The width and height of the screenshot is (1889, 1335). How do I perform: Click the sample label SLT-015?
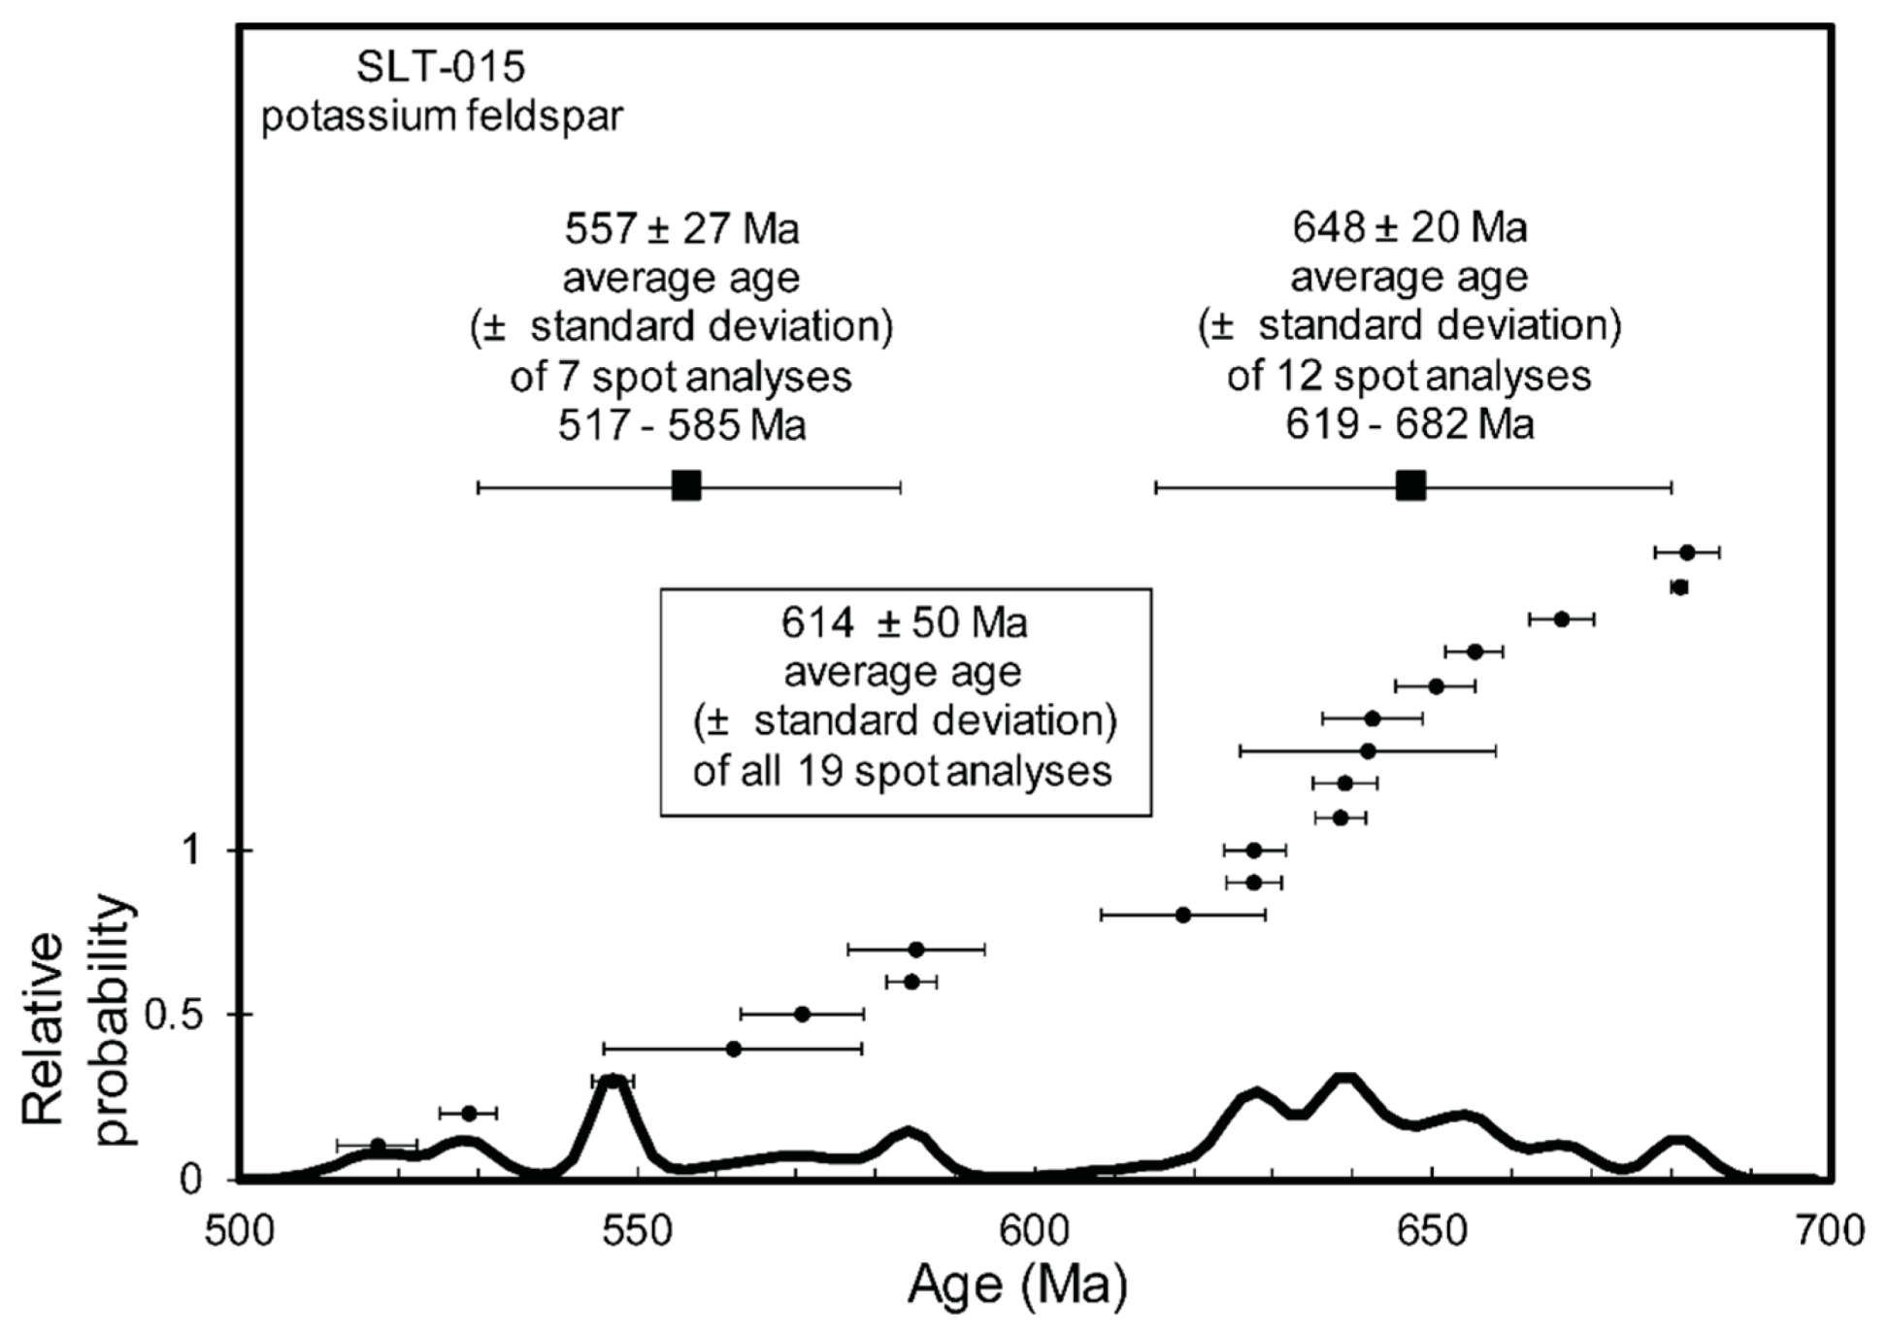pyautogui.click(x=440, y=68)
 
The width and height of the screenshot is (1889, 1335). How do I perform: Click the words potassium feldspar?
pyautogui.click(x=442, y=117)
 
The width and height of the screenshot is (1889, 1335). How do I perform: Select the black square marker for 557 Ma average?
pyautogui.click(x=686, y=485)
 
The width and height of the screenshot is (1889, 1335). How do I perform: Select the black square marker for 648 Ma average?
pyautogui.click(x=1410, y=485)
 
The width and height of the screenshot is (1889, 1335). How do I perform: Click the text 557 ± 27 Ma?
pyautogui.click(x=681, y=230)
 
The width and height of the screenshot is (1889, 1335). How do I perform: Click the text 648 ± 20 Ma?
pyautogui.click(x=1408, y=228)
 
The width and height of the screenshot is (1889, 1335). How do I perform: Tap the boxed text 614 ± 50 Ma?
pyautogui.click(x=904, y=623)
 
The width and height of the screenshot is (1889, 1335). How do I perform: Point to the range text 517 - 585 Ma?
pyautogui.click(x=681, y=426)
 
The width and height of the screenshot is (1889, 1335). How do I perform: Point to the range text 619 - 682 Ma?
pyautogui.click(x=1408, y=425)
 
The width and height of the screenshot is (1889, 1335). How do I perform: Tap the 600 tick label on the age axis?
pyautogui.click(x=1035, y=1232)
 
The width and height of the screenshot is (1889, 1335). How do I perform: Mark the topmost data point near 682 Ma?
pyautogui.click(x=1687, y=552)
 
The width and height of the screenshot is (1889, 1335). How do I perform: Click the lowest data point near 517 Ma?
pyautogui.click(x=378, y=1146)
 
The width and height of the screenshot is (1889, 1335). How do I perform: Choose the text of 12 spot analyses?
pyautogui.click(x=1408, y=376)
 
